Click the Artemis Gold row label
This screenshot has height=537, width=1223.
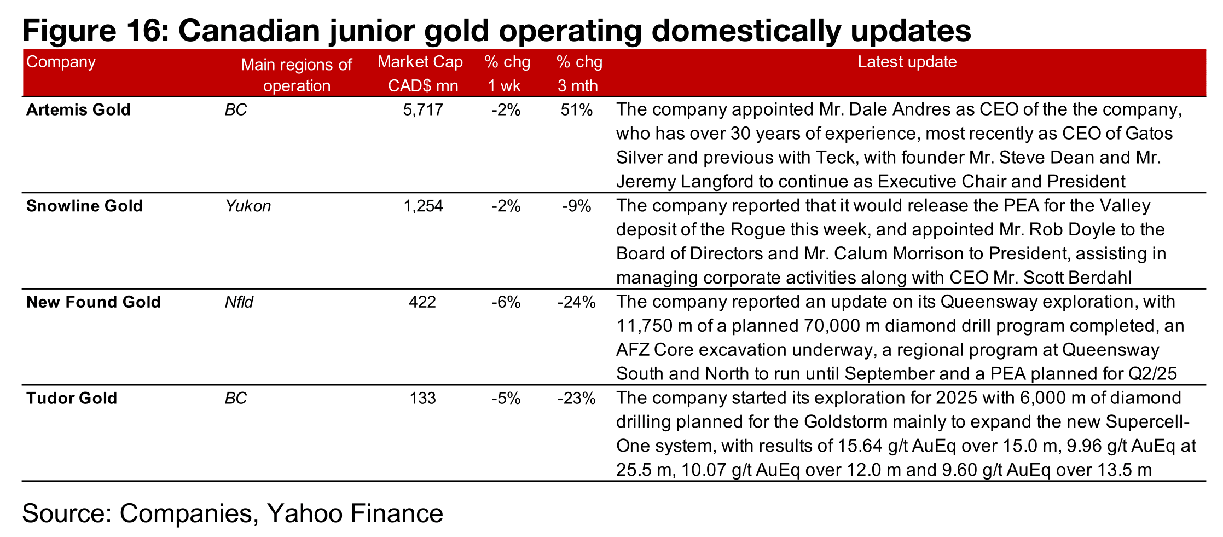tap(78, 110)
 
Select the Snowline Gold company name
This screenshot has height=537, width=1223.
tap(84, 206)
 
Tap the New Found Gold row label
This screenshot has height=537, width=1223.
tap(93, 302)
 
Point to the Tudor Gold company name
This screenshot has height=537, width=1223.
tap(72, 398)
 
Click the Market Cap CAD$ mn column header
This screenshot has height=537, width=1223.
tap(420, 73)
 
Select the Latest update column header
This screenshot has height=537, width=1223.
tap(907, 62)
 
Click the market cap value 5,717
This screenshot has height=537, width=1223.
tap(422, 110)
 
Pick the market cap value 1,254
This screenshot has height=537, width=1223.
tap(422, 206)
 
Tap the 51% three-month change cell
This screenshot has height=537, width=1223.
tap(576, 110)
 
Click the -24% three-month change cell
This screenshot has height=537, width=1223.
tap(576, 302)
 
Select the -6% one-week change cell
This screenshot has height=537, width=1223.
tap(506, 302)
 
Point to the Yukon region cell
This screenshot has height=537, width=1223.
tap(248, 206)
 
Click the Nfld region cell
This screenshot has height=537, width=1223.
tap(239, 302)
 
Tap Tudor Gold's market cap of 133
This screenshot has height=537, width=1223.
tap(422, 398)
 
